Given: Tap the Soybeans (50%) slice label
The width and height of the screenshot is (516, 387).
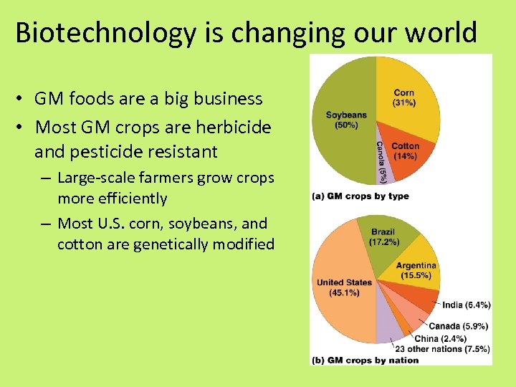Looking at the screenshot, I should (x=346, y=120).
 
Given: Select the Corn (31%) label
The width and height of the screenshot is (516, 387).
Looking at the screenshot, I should (x=403, y=97).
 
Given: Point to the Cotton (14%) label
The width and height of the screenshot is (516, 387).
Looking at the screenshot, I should (x=405, y=151).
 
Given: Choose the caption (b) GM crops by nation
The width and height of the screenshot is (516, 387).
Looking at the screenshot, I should (x=365, y=360).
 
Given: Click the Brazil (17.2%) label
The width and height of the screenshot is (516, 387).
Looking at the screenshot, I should (x=383, y=237).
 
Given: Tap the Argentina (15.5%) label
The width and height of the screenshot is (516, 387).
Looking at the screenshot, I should (x=416, y=270).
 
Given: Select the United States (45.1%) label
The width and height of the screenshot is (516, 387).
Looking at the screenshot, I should (x=344, y=287).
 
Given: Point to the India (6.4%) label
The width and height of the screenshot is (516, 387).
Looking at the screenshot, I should (x=466, y=305).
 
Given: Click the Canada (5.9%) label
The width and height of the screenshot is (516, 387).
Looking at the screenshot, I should (x=458, y=326).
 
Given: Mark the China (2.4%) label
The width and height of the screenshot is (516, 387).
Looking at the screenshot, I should (x=440, y=338).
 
